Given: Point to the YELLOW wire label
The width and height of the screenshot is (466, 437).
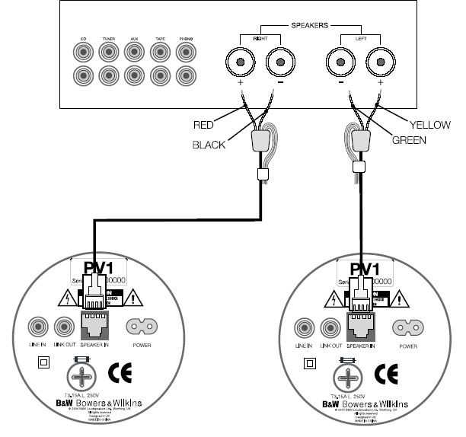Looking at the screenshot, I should [430, 125].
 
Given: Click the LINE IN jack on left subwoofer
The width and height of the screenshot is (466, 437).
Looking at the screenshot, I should [37, 327].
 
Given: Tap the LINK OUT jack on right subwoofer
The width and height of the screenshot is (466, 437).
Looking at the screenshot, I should [329, 327].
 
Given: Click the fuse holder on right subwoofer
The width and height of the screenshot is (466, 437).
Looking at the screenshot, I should [349, 376].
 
